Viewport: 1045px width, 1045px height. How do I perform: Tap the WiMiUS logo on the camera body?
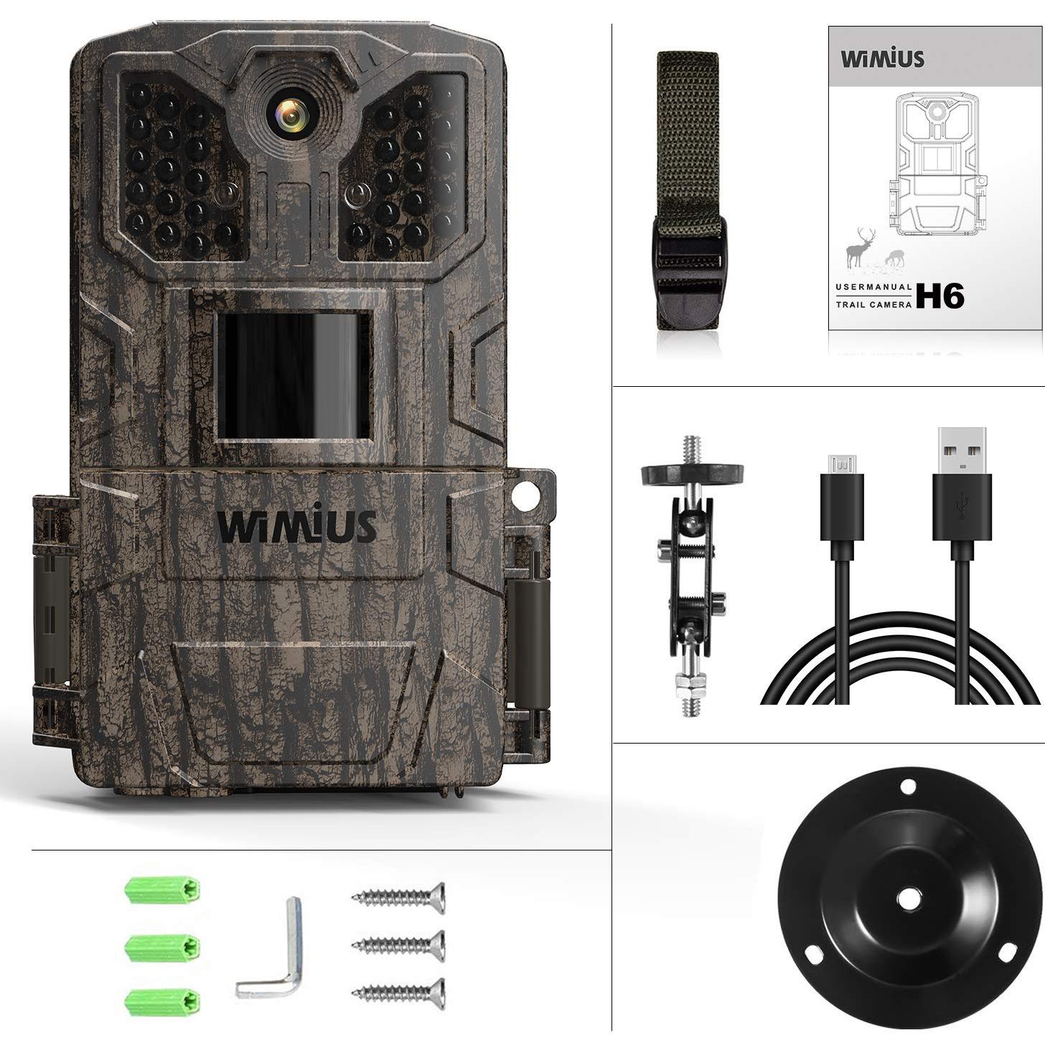pyautogui.click(x=297, y=525)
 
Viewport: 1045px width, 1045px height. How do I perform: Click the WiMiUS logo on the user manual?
pyautogui.click(x=882, y=58)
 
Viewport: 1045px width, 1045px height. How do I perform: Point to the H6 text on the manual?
pyautogui.click(x=939, y=296)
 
